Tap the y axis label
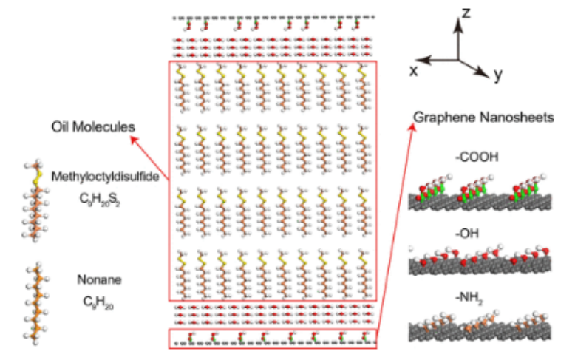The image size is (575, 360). tap(500, 75)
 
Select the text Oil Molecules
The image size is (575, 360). tap(93, 127)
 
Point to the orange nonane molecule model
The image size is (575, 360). tap(33, 299)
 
